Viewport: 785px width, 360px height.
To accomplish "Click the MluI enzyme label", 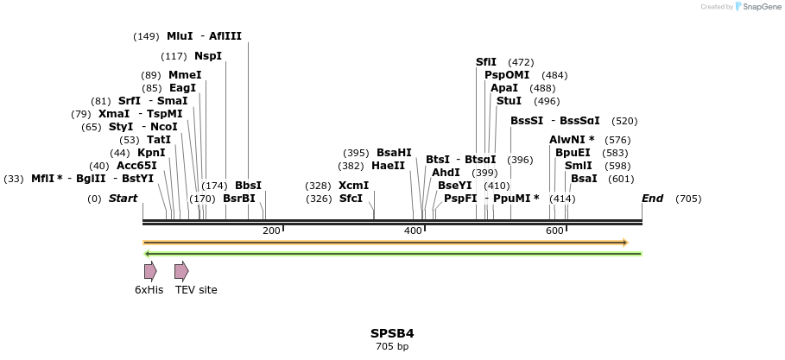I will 180,36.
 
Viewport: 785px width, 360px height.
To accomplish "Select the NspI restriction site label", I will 208,56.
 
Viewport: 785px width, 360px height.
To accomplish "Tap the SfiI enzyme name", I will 486,62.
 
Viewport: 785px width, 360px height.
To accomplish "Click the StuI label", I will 509,101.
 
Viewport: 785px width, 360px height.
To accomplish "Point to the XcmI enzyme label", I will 353,186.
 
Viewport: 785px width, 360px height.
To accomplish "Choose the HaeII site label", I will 388,166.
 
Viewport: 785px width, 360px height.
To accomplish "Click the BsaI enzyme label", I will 584,179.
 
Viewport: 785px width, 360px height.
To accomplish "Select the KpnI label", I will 151,153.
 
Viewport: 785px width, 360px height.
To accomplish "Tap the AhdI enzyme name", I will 446,173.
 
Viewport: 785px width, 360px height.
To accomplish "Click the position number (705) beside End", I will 688,199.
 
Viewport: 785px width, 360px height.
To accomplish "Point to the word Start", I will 123,199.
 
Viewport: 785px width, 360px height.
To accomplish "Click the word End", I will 652,199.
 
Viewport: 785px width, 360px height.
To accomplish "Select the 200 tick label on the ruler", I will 271,231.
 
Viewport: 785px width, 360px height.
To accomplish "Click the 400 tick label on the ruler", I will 413,231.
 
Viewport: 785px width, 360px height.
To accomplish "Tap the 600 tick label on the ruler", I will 554,231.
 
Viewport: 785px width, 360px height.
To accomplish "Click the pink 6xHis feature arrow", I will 149,271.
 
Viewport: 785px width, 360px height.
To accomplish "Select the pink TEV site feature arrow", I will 180,271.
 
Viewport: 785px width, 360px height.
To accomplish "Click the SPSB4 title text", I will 392,333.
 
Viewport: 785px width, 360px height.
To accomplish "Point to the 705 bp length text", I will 392,346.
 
